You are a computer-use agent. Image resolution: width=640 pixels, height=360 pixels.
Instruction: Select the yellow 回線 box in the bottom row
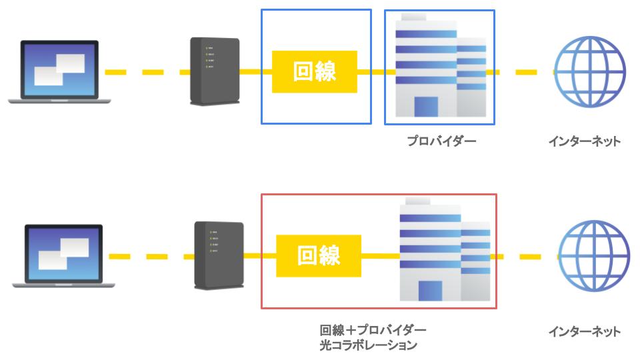pos(319,256)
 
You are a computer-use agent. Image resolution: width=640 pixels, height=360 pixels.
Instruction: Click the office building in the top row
pos(440,67)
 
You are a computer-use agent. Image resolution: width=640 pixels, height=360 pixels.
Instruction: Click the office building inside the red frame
pos(443,252)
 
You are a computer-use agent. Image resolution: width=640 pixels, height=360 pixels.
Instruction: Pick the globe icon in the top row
pos(589,72)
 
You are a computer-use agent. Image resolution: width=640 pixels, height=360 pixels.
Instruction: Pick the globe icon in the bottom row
pos(593,257)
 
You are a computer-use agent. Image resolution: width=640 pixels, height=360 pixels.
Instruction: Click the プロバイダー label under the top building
pos(441,141)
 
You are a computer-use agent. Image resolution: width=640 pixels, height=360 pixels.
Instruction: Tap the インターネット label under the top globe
pos(584,141)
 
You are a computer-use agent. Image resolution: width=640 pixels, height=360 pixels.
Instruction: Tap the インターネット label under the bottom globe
pos(584,331)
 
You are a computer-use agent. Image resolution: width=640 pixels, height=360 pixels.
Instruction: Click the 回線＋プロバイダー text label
pos(373,331)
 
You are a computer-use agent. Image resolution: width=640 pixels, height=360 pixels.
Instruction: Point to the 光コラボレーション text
pos(368,345)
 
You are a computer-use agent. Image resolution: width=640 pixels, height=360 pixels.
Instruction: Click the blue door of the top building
pos(426,107)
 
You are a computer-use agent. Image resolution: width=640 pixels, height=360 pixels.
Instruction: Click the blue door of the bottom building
pos(430,291)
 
